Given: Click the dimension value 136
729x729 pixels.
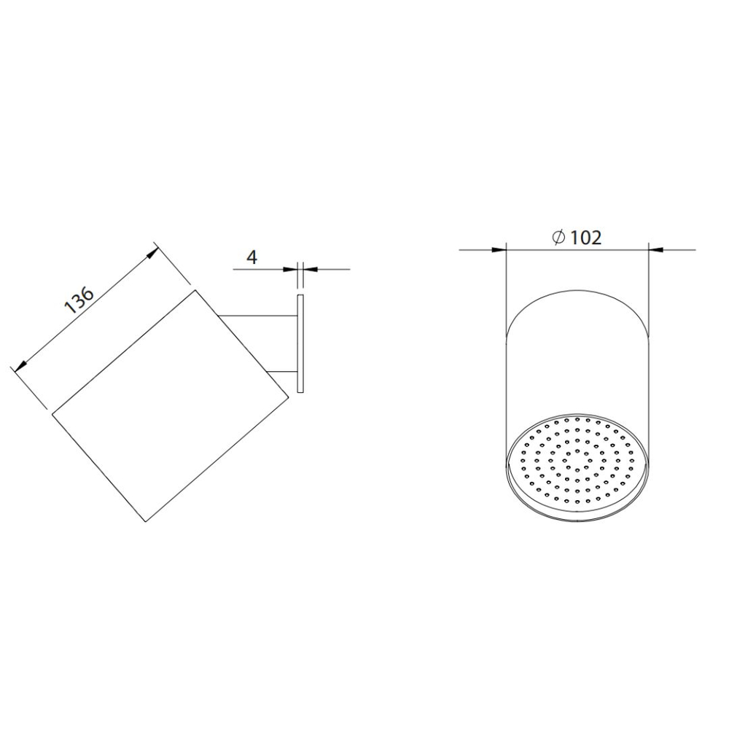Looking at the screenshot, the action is pyautogui.click(x=79, y=300).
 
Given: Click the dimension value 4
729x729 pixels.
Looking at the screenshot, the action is pyautogui.click(x=252, y=257).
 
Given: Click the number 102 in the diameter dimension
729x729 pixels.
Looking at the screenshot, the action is pyautogui.click(x=585, y=238).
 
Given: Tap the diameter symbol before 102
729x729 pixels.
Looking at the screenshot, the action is pyautogui.click(x=558, y=237).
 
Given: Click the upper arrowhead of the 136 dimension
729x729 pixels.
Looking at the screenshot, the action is pyautogui.click(x=152, y=254).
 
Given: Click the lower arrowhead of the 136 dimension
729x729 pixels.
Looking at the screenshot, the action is pyautogui.click(x=20, y=366).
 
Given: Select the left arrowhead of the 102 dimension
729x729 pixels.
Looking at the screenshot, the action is pyautogui.click(x=499, y=249).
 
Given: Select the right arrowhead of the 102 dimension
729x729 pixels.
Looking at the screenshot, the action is pyautogui.click(x=655, y=249).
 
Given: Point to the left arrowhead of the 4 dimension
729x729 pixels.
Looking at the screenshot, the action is pyautogui.click(x=290, y=269).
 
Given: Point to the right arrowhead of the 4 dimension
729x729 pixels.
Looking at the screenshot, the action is pyautogui.click(x=311, y=269).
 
